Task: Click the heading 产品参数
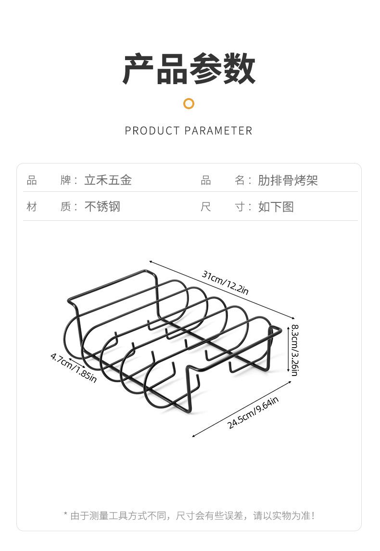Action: (189, 69)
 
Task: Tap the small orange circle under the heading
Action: (189, 103)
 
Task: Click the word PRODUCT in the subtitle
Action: (152, 131)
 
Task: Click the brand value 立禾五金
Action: (108, 180)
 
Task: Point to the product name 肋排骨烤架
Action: (288, 180)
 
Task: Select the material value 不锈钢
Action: (102, 207)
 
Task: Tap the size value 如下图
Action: (276, 207)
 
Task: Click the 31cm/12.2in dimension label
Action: (225, 283)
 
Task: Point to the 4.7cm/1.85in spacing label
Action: (73, 368)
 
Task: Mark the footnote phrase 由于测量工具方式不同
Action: (119, 516)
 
